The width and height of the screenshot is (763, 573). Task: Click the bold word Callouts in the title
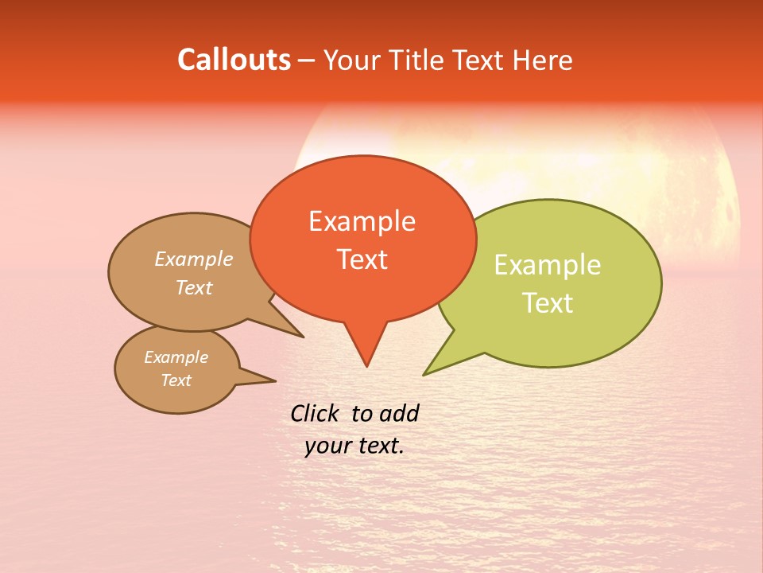pyautogui.click(x=234, y=60)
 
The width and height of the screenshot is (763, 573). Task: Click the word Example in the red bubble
pyautogui.click(x=362, y=221)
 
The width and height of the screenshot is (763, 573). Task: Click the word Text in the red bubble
pyautogui.click(x=362, y=259)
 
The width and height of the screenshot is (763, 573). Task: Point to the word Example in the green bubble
pyautogui.click(x=548, y=265)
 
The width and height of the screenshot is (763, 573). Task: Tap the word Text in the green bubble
pyautogui.click(x=548, y=302)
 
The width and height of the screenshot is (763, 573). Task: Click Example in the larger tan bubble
pyautogui.click(x=194, y=259)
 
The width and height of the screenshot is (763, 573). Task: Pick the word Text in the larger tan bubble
pyautogui.click(x=194, y=287)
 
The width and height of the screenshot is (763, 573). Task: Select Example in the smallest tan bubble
pyautogui.click(x=176, y=357)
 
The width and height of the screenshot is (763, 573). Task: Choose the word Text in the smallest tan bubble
pyautogui.click(x=176, y=380)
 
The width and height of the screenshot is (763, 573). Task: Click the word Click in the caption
pyautogui.click(x=316, y=413)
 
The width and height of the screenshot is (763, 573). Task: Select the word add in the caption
pyautogui.click(x=398, y=413)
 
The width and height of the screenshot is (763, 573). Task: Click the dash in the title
pyautogui.click(x=307, y=60)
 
